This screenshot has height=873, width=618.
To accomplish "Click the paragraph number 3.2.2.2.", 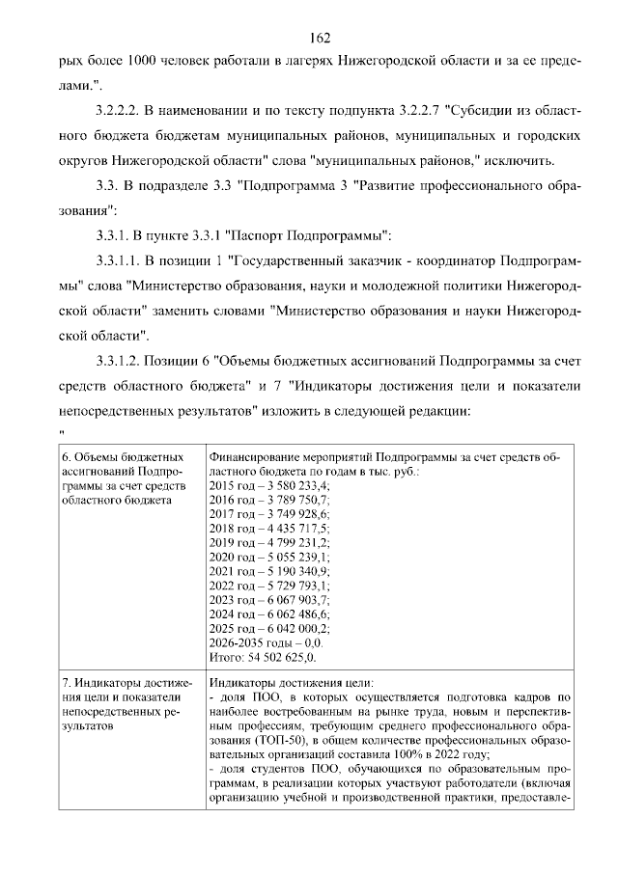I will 123,114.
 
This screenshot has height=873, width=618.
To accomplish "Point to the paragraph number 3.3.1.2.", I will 123,361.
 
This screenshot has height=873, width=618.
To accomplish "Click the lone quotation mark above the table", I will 61,431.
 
